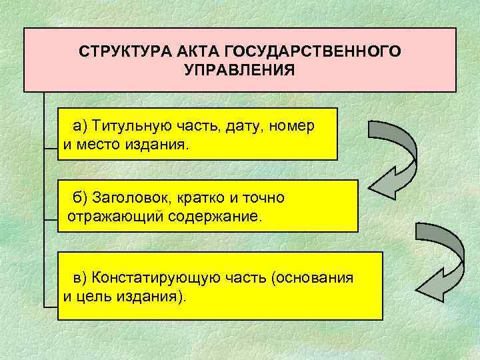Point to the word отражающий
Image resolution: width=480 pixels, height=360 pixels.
click(102, 217)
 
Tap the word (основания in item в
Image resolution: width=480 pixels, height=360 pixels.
click(312, 277)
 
